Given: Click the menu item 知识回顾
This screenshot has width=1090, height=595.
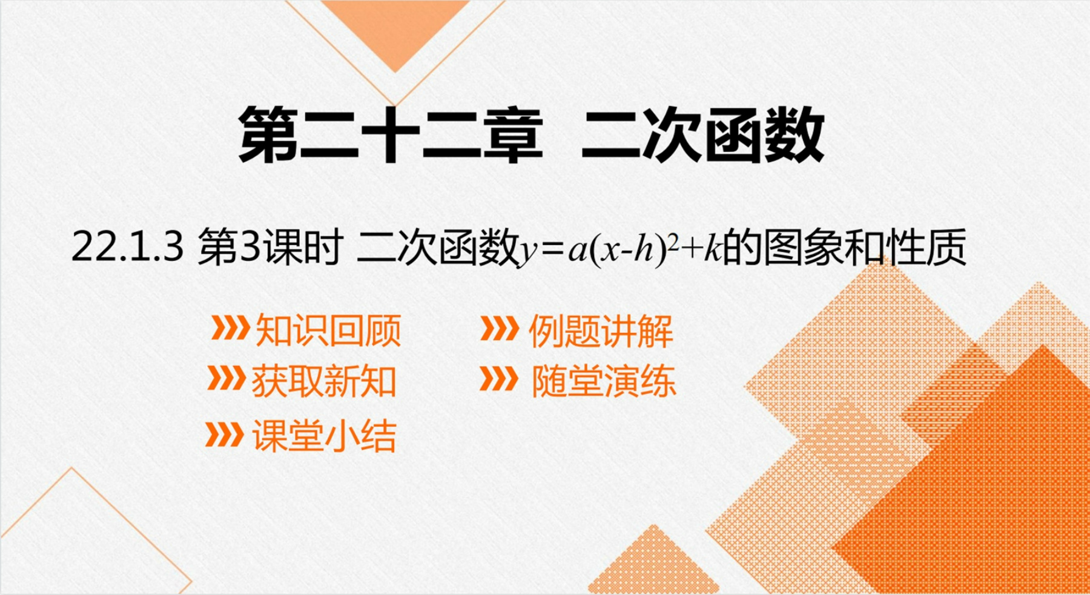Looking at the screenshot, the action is coord(328,330).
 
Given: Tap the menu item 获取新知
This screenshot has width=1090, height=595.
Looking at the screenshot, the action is coord(324,381).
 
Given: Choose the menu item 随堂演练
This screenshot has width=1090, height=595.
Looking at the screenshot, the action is coord(603,381).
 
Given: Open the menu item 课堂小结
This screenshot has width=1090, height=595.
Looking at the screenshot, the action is coord(324,436).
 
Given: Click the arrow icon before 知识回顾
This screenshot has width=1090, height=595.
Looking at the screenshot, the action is coord(230,328).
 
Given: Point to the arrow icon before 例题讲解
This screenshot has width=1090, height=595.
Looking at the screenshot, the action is coord(500,329).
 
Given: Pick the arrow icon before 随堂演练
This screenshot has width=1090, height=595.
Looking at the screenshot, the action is coord(499,378).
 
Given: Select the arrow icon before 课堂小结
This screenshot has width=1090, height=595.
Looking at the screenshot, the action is coord(225,434).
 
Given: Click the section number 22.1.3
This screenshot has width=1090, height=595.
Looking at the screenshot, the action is coord(127,248).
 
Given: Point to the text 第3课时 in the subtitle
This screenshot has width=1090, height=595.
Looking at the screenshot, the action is coord(270,248).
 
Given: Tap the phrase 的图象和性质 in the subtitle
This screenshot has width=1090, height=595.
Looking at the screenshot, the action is coord(844,248).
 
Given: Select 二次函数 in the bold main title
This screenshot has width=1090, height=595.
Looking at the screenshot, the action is coord(702,134).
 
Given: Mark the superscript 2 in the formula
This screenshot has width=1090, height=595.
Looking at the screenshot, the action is coord(671,239).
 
